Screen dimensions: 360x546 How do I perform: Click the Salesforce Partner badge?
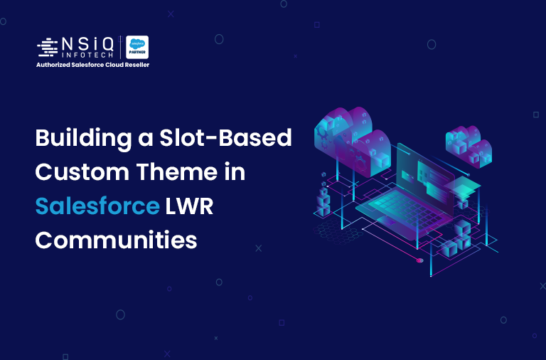137,48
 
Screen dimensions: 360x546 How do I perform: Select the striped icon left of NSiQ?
48,48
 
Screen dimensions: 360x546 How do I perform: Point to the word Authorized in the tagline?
55,65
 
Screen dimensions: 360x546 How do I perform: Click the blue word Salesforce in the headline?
97,206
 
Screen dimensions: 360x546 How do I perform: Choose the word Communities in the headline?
116,240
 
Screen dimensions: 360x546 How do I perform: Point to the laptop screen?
427,171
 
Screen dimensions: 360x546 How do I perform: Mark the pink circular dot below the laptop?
419,260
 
